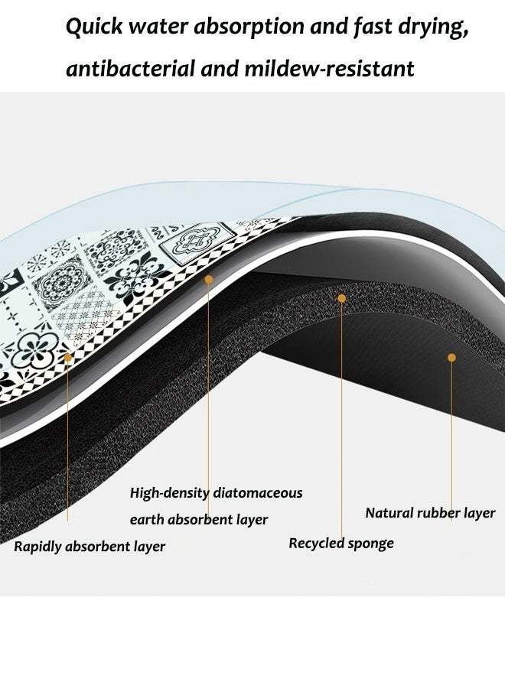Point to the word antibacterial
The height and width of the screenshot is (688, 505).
pyautogui.click(x=130, y=69)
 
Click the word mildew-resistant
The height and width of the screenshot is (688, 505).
pyautogui.click(x=329, y=69)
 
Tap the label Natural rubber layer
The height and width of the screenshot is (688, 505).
pyautogui.click(x=430, y=513)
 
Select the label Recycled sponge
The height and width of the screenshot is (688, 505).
pyautogui.click(x=341, y=544)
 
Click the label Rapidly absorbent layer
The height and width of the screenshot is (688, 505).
pyautogui.click(x=90, y=547)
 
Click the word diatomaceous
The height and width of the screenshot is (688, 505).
pyautogui.click(x=258, y=493)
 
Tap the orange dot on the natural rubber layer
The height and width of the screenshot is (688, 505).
pyautogui.click(x=451, y=358)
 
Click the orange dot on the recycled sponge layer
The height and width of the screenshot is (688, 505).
pyautogui.click(x=342, y=298)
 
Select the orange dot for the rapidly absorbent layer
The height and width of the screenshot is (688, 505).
pyautogui.click(x=67, y=358)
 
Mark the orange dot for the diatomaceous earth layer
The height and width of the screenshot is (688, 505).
pyautogui.click(x=209, y=279)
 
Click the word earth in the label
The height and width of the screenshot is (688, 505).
pyautogui.click(x=147, y=520)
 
